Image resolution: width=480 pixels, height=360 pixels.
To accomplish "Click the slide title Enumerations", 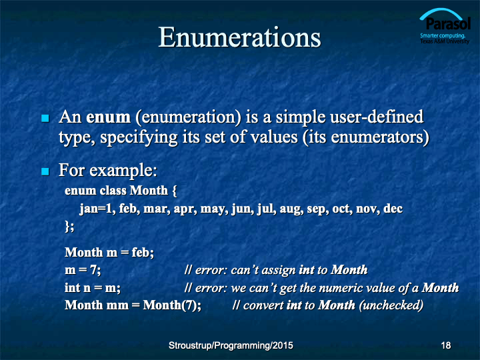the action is point(239,37).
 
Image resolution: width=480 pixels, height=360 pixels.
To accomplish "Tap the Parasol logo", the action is point(445,26).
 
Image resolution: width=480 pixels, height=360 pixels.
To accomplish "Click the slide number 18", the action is point(446,345).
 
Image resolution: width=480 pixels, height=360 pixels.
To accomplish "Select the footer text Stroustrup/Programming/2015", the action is point(231,345).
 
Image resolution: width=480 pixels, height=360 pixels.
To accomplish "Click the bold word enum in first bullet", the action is point(109,117).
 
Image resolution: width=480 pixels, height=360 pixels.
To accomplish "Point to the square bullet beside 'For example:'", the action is point(45,171).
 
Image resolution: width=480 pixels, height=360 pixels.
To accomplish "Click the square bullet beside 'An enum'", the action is point(45,118).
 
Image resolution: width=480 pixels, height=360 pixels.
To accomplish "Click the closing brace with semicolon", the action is point(69,227).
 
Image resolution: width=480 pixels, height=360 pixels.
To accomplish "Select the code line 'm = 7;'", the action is point(83,270).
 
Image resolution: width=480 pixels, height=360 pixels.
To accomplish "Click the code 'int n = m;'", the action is point(93,288).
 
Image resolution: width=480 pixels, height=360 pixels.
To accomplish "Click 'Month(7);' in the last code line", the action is point(172,305).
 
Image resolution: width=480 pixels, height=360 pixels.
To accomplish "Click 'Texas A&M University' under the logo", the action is point(445,41).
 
